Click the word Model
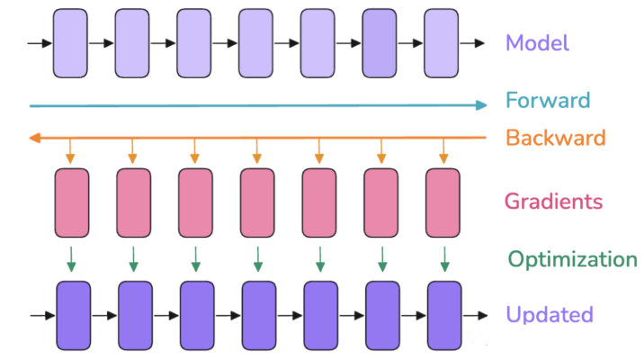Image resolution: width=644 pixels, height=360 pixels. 537,42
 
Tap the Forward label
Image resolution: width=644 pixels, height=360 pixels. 548,100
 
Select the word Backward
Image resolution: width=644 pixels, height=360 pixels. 556,138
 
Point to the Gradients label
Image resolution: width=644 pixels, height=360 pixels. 553,201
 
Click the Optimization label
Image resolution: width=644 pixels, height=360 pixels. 572,259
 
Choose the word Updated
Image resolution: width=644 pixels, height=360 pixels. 549,315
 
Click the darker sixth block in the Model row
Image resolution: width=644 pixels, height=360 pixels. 380,42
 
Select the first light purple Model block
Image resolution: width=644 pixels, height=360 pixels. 70,42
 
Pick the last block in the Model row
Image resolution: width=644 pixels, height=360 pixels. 442,42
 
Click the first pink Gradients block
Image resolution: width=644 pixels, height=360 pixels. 72,203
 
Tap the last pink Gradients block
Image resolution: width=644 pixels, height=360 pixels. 443,203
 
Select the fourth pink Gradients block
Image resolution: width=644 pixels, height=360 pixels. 257,203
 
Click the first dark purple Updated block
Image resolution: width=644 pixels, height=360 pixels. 74,315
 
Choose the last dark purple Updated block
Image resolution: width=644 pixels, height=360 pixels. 444,315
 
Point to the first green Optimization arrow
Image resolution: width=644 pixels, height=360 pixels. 72,259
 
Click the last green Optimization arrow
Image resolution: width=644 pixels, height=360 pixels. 444,259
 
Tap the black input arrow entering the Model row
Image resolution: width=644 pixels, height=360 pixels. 40,42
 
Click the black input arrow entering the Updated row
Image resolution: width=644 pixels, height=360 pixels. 41,315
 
